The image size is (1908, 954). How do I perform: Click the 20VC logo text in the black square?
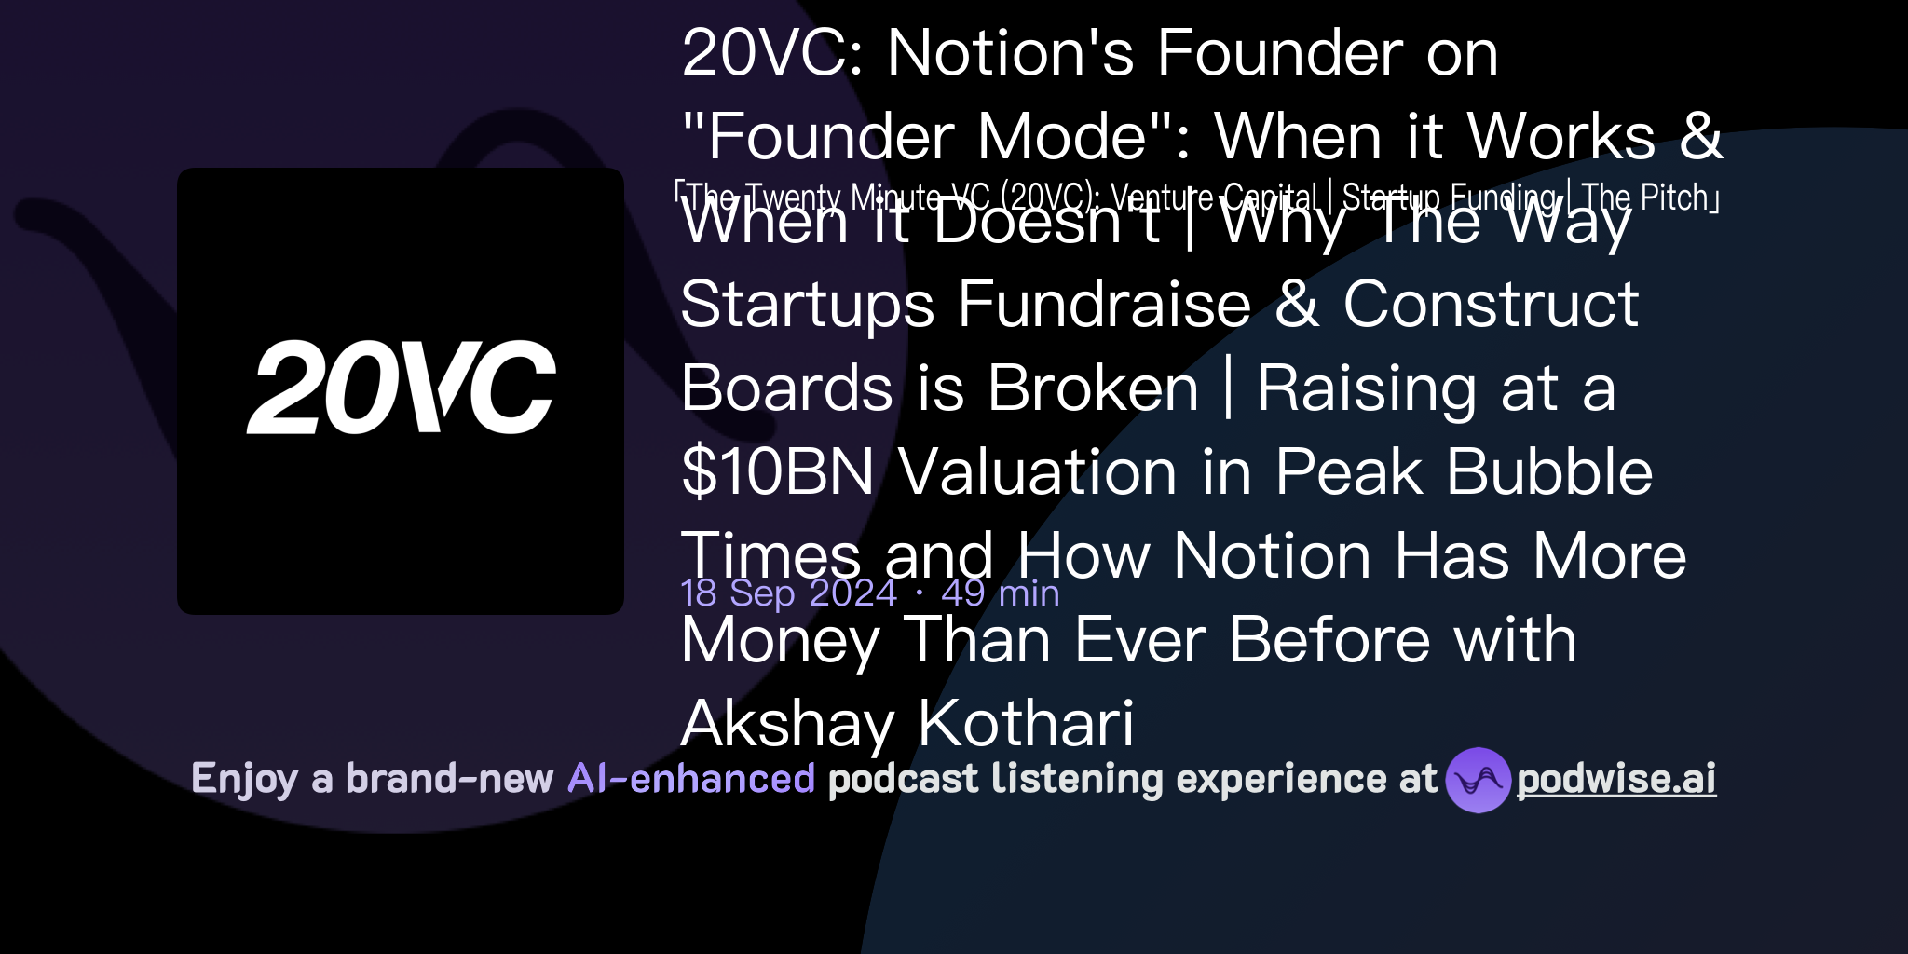(402, 388)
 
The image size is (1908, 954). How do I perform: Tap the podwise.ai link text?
(1616, 779)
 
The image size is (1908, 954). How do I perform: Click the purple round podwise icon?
(1478, 780)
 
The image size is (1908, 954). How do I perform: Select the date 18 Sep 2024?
(788, 593)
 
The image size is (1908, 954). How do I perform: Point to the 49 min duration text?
(1001, 593)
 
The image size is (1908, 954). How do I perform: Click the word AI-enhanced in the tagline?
(691, 779)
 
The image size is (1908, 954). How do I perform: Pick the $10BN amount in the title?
(778, 471)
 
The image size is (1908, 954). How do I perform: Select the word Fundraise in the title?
(1104, 305)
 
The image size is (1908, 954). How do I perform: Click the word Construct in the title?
(1491, 304)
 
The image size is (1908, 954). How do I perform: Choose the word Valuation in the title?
(1038, 471)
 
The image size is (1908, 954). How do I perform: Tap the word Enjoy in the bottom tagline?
(244, 780)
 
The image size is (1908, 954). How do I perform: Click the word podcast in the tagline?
(903, 779)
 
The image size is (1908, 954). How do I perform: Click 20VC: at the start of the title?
(773, 53)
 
